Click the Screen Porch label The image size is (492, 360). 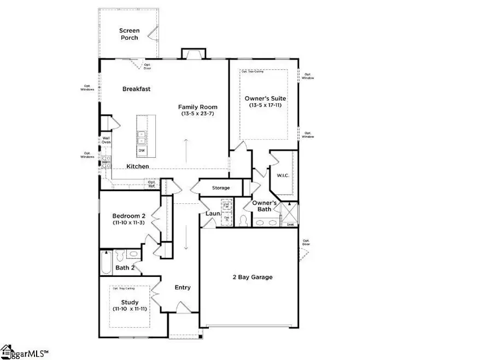point(129,34)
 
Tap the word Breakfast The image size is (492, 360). point(136,89)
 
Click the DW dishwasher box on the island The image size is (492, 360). point(142,150)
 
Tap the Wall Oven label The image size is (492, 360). point(106,140)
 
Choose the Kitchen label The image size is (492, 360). point(138,166)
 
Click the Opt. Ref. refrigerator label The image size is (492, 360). point(151,185)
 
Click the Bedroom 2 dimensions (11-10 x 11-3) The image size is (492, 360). point(128,222)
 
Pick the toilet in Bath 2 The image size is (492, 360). point(132,254)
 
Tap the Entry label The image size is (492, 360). point(182,287)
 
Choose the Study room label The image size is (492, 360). point(130,302)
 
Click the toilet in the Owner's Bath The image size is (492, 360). point(243,221)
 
